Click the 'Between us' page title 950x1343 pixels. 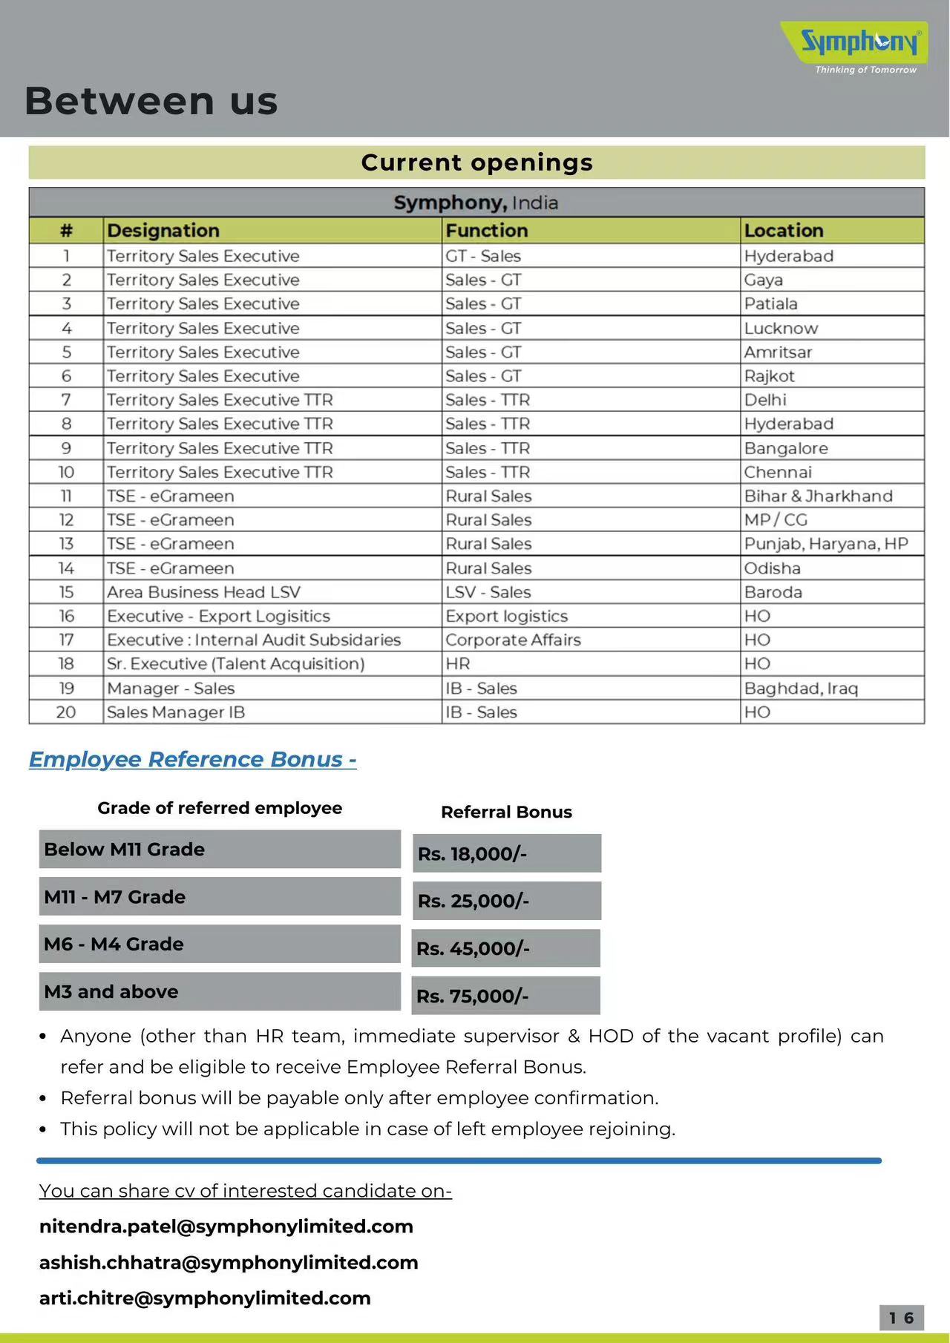coord(151,101)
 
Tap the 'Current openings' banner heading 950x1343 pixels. coord(476,162)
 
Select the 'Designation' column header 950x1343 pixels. coord(163,231)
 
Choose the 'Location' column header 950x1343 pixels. coord(783,231)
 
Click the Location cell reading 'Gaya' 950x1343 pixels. coord(763,280)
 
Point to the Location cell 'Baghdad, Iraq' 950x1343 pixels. coord(801,688)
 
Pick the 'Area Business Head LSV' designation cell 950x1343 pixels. coord(203,592)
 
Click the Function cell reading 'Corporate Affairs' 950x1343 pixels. coord(513,640)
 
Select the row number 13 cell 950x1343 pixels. coord(66,544)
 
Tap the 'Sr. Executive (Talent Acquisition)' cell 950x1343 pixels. coord(235,663)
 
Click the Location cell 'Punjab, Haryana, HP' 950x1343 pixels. coord(825,544)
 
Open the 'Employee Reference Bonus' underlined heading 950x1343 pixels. coord(192,759)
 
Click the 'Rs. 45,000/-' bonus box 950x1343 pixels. coord(506,948)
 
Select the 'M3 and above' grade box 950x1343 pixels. coord(220,991)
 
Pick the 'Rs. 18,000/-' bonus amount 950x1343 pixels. coord(506,853)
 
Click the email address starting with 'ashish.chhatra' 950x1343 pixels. coord(229,1262)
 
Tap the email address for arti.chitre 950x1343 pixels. coord(205,1298)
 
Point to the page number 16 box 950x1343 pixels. coord(901,1317)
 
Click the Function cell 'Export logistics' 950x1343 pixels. coord(506,616)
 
